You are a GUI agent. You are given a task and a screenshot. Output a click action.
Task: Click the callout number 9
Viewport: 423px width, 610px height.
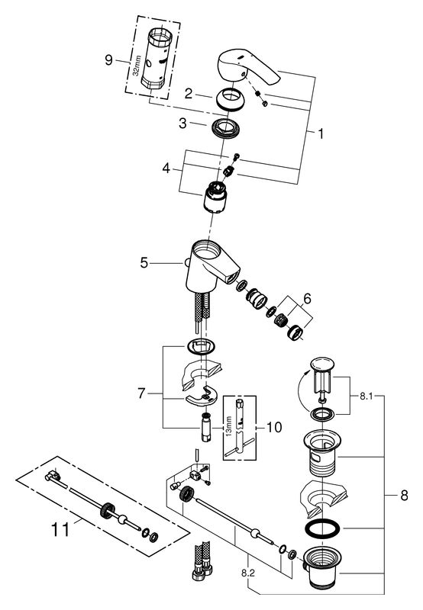[108, 60]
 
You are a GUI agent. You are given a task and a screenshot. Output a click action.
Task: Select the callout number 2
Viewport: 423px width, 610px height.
[189, 93]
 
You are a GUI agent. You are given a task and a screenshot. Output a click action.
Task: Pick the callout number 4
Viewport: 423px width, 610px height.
[166, 169]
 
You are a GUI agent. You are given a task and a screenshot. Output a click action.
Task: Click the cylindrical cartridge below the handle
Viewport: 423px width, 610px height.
[215, 197]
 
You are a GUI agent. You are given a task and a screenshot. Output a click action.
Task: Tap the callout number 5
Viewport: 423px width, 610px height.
[144, 263]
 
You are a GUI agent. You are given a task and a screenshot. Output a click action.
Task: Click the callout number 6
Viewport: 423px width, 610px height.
[307, 299]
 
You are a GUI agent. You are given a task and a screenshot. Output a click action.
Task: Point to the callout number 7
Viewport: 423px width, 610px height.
[141, 393]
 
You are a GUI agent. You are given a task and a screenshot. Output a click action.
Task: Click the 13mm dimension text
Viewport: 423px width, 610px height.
[229, 426]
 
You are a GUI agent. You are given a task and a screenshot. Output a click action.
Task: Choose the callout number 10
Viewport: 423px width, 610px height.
[274, 427]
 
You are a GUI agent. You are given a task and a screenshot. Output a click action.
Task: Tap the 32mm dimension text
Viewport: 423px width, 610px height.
[136, 66]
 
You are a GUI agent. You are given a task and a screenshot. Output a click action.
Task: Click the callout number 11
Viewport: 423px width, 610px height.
[61, 529]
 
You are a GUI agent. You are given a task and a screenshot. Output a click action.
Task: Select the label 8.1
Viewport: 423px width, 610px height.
[366, 396]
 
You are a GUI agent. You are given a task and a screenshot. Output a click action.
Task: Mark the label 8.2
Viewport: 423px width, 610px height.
[247, 573]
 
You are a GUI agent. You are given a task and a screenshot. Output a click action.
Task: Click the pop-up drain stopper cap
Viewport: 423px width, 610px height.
[322, 364]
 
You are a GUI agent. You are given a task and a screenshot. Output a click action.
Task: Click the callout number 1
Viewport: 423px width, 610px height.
[321, 133]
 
